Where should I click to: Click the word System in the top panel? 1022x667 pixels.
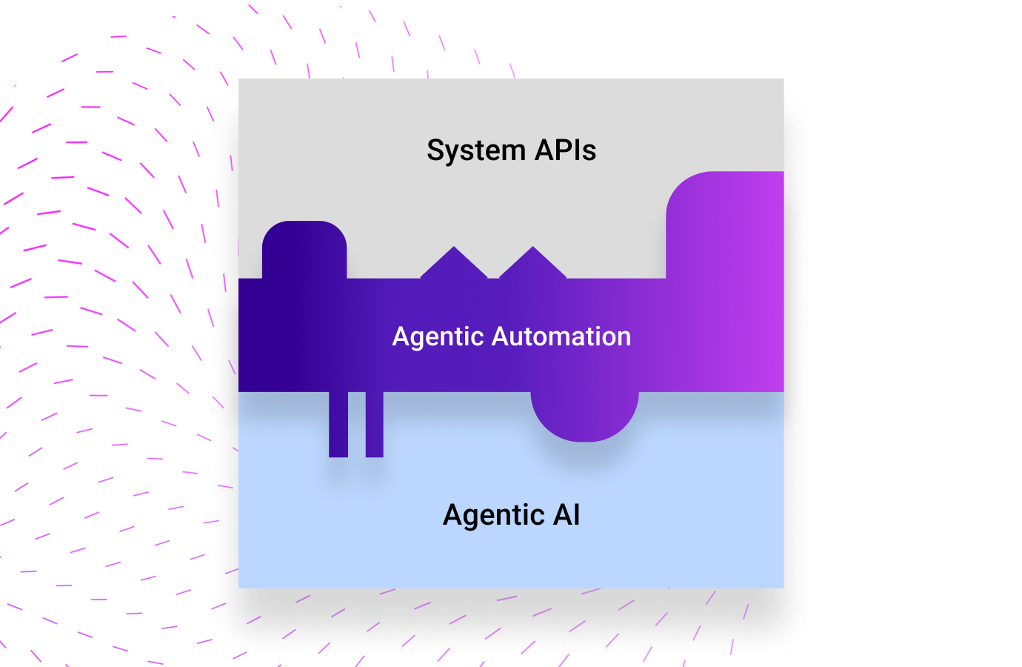[x=476, y=151]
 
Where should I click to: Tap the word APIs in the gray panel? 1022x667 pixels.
[x=566, y=150]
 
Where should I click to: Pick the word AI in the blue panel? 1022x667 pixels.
[x=567, y=514]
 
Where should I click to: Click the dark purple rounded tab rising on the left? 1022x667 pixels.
[x=304, y=248]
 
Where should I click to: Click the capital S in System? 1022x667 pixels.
[x=436, y=150]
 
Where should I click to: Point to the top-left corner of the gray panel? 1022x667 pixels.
[x=240, y=80]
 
